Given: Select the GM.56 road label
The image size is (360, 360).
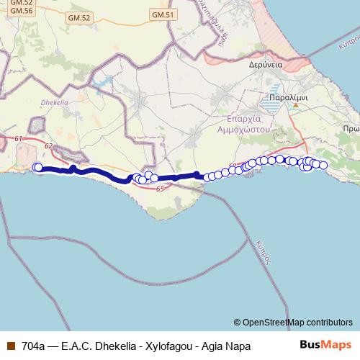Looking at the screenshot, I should pos(22,12).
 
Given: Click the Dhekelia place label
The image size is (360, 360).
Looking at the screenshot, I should pos(53,102).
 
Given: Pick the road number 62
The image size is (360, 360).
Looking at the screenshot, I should pos(48,146).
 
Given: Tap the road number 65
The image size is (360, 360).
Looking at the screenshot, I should pos(159,188).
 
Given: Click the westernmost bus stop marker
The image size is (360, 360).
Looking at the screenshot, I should pos(37,168).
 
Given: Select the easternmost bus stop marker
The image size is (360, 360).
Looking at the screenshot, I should pos(323,166).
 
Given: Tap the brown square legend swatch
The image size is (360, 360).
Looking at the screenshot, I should pos(9,346).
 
